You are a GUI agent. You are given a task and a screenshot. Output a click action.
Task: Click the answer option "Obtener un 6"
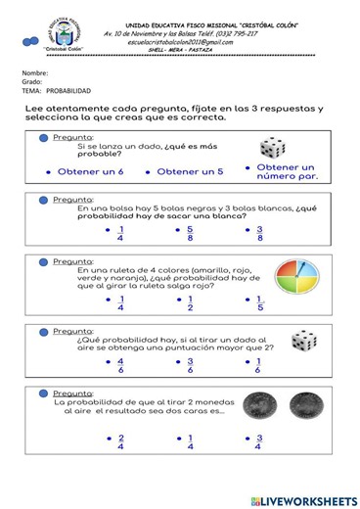[x=90, y=171]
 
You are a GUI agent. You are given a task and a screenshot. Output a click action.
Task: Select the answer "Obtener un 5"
[x=190, y=171]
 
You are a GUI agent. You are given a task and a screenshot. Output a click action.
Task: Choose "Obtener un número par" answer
[x=291, y=171]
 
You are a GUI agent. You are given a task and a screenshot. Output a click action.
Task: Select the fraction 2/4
[x=120, y=442]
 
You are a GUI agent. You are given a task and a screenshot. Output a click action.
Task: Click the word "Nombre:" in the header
[x=35, y=73]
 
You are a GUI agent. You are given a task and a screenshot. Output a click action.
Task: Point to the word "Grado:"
[x=33, y=82]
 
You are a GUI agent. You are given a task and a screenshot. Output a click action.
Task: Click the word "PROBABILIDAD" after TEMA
[x=68, y=91]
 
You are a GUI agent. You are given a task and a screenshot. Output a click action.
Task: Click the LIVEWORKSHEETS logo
[x=303, y=500]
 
